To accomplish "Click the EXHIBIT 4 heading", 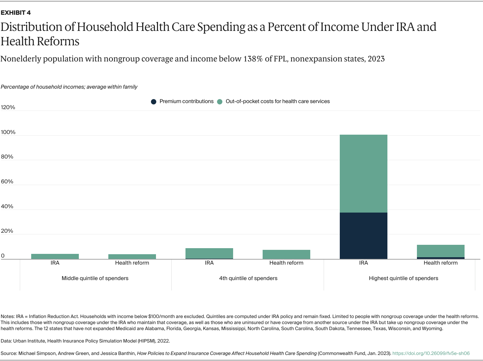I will [16, 13].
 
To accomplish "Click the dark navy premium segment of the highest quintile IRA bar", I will [363, 235].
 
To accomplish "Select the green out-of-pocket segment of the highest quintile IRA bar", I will [363, 173].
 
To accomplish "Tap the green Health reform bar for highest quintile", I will [440, 251].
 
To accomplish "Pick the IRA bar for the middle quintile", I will [55, 256].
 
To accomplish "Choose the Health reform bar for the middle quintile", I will [132, 257].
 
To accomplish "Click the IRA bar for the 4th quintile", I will [209, 253].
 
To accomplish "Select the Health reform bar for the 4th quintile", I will [286, 254].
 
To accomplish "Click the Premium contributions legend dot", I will [154, 102].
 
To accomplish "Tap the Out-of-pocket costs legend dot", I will [220, 102].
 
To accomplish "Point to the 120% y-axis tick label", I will [8, 107].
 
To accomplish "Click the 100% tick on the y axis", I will [8, 132].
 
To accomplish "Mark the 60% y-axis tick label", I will [7, 182].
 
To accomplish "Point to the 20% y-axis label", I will [7, 231].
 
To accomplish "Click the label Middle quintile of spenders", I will [95, 278].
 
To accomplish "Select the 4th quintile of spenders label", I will [248, 278].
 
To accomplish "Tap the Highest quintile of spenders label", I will [404, 278].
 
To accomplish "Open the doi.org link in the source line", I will [431, 354].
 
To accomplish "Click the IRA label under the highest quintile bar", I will [364, 263].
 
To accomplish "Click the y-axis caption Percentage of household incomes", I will [69, 87].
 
